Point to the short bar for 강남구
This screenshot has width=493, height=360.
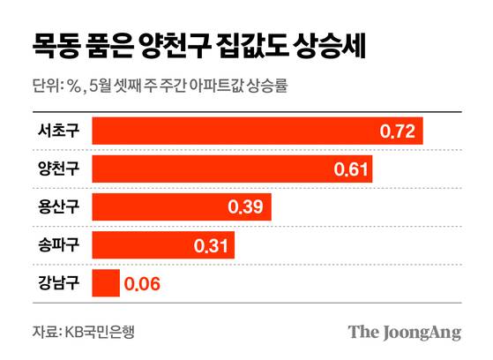(105, 284)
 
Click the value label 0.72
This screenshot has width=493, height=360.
(397, 132)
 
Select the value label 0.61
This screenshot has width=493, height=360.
(351, 169)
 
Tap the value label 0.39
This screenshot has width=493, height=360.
(245, 208)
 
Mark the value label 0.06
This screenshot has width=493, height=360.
(142, 284)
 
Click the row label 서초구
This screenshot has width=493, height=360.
(58, 132)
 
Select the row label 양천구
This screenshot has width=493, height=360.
(58, 169)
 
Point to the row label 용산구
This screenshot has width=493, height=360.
(58, 208)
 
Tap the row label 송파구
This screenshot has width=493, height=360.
(58, 246)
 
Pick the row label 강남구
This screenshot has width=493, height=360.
(58, 284)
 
